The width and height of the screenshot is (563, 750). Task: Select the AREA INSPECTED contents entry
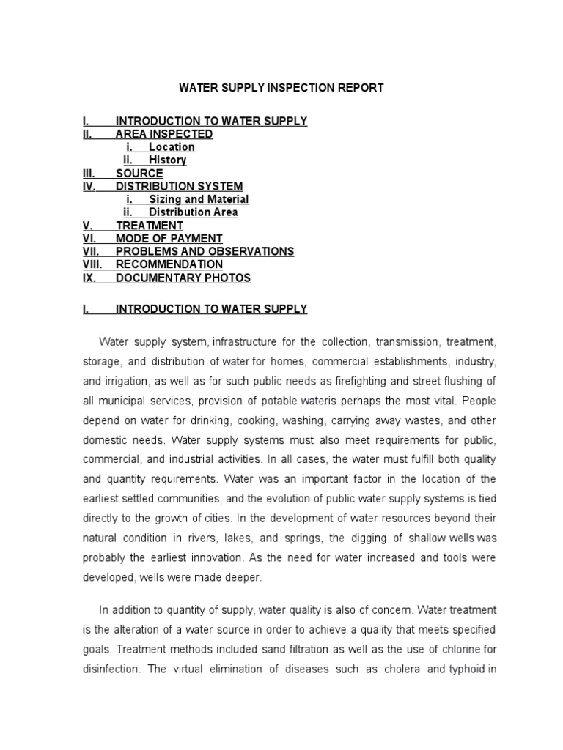pyautogui.click(x=164, y=134)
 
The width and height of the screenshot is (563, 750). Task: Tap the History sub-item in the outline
pyautogui.click(x=167, y=160)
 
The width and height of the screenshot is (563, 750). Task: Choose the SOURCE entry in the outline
pyautogui.click(x=139, y=174)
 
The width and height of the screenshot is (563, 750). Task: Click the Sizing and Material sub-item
pyautogui.click(x=199, y=199)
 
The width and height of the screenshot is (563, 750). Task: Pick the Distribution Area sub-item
pyautogui.click(x=193, y=212)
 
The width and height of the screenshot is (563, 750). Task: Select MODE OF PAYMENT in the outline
pyautogui.click(x=169, y=239)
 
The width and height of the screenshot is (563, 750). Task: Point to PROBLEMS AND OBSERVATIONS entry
pyautogui.click(x=205, y=252)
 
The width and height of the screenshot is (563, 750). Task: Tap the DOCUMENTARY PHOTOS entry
pyautogui.click(x=183, y=278)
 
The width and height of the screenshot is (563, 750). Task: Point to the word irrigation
pyautogui.click(x=126, y=382)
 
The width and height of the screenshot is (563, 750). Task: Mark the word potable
pyautogui.click(x=296, y=401)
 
